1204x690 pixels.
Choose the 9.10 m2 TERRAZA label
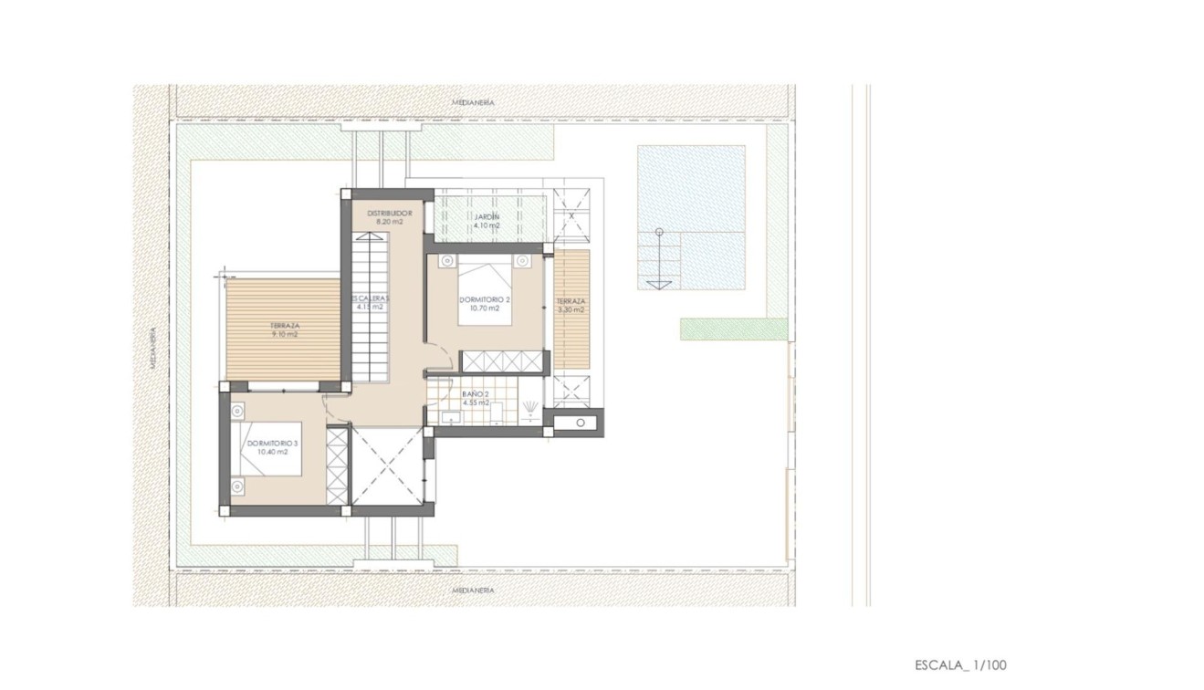pos(285,329)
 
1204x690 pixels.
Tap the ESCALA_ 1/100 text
pos(959,665)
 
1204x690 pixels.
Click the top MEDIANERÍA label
pos(473,103)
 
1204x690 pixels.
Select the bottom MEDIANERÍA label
pos(473,591)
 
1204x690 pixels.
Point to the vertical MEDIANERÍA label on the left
pos(152,348)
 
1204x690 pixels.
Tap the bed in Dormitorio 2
pos(484,290)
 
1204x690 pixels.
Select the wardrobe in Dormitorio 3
pos(337,465)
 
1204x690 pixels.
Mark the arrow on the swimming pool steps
pos(659,285)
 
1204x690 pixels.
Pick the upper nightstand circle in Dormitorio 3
pos(237,411)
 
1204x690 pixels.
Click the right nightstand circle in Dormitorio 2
pos(521,261)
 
